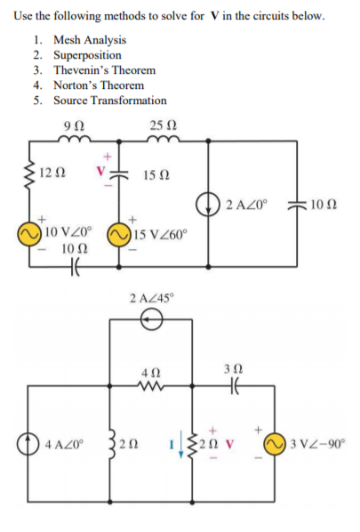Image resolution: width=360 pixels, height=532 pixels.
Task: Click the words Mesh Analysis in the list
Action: [89, 40]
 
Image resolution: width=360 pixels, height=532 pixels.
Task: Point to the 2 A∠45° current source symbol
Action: [152, 325]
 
